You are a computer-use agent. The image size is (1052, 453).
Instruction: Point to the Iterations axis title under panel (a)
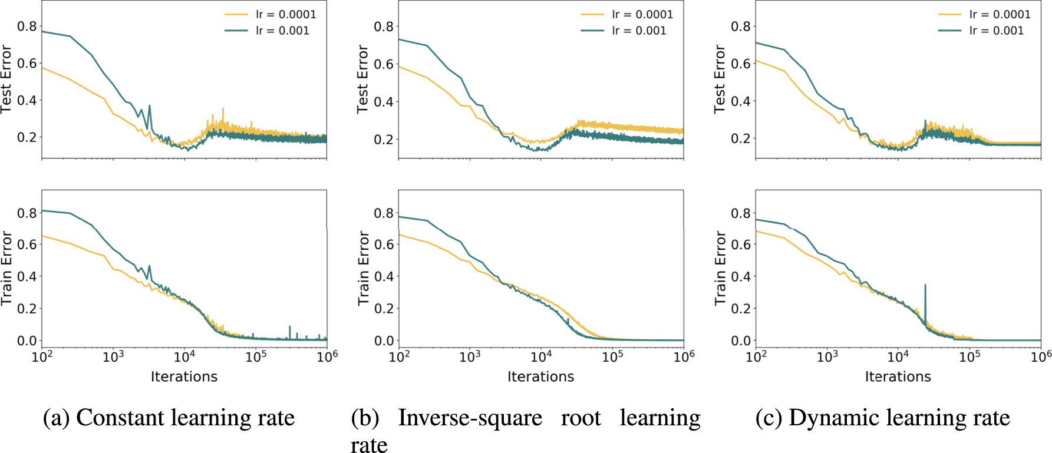[x=184, y=376]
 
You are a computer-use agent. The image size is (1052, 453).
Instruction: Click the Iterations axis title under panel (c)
[x=898, y=376]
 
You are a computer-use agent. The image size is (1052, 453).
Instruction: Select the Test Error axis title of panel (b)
[x=362, y=79]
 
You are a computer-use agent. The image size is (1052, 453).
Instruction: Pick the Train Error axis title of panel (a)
[x=6, y=268]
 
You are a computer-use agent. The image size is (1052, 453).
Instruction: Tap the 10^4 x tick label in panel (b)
[x=541, y=356]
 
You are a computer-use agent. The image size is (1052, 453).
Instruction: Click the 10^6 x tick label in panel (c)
[x=1040, y=356]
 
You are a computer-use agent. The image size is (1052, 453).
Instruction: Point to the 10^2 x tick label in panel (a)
[x=42, y=356]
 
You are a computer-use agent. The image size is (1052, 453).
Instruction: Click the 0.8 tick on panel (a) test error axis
[x=27, y=26]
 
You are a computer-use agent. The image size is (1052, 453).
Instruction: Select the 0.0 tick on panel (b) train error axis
[x=384, y=340]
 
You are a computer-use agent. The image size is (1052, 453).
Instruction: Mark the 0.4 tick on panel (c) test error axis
[x=741, y=101]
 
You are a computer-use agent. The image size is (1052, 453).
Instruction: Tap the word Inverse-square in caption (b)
[x=470, y=418]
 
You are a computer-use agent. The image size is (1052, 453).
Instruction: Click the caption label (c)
[x=769, y=418]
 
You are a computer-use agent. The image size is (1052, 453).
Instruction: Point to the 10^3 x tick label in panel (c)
[x=827, y=356]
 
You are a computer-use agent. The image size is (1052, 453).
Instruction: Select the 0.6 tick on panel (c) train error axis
[x=741, y=244]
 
